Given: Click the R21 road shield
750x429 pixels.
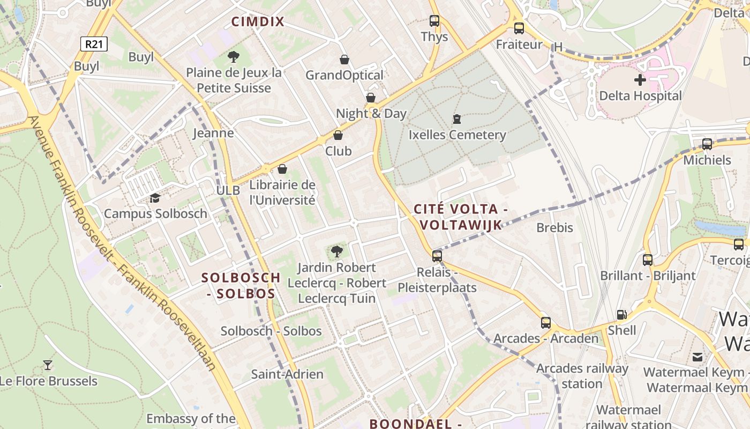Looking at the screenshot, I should (x=94, y=44).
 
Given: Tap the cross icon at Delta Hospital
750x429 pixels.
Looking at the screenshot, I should (x=640, y=80).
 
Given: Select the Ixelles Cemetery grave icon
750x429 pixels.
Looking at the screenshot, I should (x=457, y=119).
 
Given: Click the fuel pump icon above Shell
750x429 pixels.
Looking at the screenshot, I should (x=621, y=315).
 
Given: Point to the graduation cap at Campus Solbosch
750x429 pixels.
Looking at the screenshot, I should (x=155, y=198).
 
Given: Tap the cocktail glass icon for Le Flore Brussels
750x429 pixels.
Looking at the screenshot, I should (x=48, y=365).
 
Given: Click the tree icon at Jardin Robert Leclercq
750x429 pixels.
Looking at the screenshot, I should (x=336, y=251).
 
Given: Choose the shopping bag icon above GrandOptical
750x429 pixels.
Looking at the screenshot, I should (x=344, y=59).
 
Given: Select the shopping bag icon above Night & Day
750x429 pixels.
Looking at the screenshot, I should (x=370, y=98).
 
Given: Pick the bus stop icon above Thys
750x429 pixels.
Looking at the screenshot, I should (x=434, y=21).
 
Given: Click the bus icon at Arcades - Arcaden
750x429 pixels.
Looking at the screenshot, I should (x=545, y=323).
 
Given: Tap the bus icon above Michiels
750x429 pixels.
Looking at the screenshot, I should (x=707, y=144).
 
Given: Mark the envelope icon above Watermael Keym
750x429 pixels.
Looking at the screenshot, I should (x=697, y=357).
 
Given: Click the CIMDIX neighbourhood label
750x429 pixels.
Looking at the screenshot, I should (x=258, y=22).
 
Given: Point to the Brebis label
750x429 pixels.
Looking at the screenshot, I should (x=554, y=228).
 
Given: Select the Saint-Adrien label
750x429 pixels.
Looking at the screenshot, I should (x=287, y=374).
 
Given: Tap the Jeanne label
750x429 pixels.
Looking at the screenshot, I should (x=213, y=133).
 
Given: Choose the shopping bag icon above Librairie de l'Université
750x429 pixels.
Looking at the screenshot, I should (x=282, y=169).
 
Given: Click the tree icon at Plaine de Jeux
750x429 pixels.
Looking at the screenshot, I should (x=233, y=56).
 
